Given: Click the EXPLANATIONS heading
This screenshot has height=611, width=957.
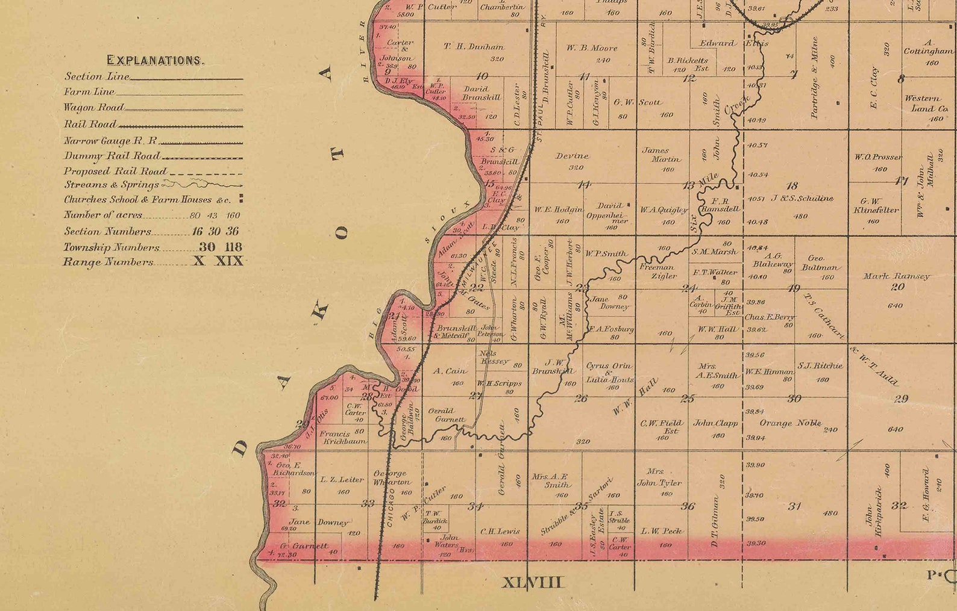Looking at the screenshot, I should (155, 60).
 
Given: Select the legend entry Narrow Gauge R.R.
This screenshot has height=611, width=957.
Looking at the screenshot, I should (111, 141).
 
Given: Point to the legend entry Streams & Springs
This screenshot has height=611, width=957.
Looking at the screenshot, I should (111, 185).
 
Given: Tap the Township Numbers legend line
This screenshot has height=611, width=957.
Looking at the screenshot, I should (112, 247).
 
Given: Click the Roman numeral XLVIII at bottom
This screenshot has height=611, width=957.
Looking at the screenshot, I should (533, 582).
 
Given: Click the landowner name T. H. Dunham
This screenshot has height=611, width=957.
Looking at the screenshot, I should (474, 46).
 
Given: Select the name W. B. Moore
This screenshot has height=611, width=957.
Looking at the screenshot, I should (592, 48).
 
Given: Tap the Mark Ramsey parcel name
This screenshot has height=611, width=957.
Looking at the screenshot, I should (896, 276).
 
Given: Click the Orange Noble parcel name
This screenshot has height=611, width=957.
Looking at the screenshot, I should (789, 423).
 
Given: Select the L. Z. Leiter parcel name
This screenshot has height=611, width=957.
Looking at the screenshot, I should (342, 480).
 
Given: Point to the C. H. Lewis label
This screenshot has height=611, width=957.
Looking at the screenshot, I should (500, 532).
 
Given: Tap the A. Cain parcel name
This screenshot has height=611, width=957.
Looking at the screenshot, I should (450, 371).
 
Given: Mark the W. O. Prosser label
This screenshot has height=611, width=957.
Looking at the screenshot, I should (877, 157).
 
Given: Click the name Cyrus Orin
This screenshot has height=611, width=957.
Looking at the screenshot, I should (609, 366).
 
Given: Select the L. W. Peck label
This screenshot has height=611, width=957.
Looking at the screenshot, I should (662, 531).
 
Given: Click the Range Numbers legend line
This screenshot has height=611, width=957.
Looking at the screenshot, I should (108, 262).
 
